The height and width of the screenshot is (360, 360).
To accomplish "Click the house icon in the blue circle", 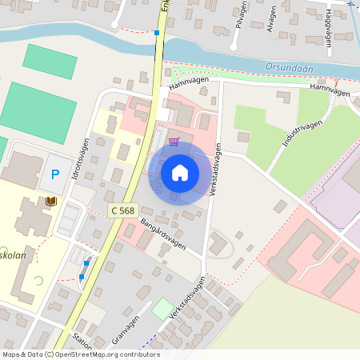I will point(180,173).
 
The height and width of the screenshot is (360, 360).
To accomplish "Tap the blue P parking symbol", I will point(55,174).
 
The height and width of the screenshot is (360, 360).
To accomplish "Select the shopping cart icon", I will point(174,142).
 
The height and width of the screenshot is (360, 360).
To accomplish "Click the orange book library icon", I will point(51,200).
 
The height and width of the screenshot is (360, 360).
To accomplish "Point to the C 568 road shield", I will point(122,210).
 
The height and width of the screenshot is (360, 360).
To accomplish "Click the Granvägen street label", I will point(121,329).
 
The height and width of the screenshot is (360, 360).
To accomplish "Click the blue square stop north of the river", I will point(157,33).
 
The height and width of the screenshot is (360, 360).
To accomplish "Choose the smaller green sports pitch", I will point(50,62).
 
